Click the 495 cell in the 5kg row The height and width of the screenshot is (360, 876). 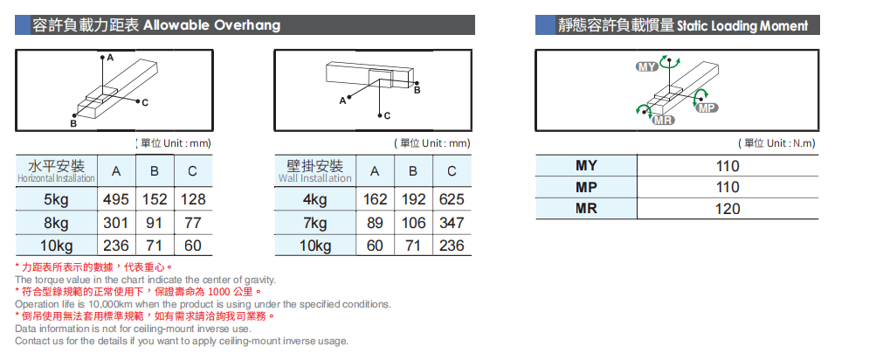click(116, 199)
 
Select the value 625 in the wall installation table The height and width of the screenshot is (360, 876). click(452, 199)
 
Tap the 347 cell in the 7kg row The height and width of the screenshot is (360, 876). click(452, 223)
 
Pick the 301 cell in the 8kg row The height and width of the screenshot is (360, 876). click(116, 223)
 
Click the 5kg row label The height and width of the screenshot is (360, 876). click(56, 199)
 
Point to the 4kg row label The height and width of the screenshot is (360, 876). click(314, 199)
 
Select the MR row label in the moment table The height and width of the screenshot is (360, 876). click(586, 209)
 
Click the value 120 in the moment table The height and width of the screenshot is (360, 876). click(728, 209)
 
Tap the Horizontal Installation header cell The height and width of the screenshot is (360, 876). click(56, 171)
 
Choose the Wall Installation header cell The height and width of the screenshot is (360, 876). click(314, 171)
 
